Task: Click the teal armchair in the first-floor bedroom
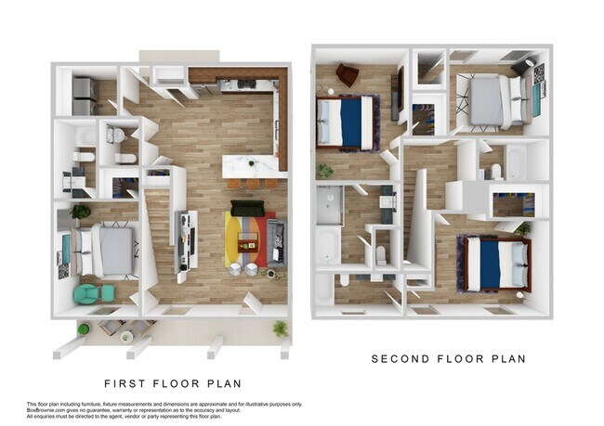[86, 293]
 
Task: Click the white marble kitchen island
[253, 166]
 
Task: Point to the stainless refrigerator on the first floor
[85, 94]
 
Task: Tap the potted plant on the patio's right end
[280, 329]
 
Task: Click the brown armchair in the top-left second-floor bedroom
[347, 73]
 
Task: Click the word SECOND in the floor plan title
[400, 358]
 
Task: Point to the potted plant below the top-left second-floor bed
[325, 171]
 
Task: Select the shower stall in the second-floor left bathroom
[329, 204]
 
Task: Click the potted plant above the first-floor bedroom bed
[81, 212]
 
